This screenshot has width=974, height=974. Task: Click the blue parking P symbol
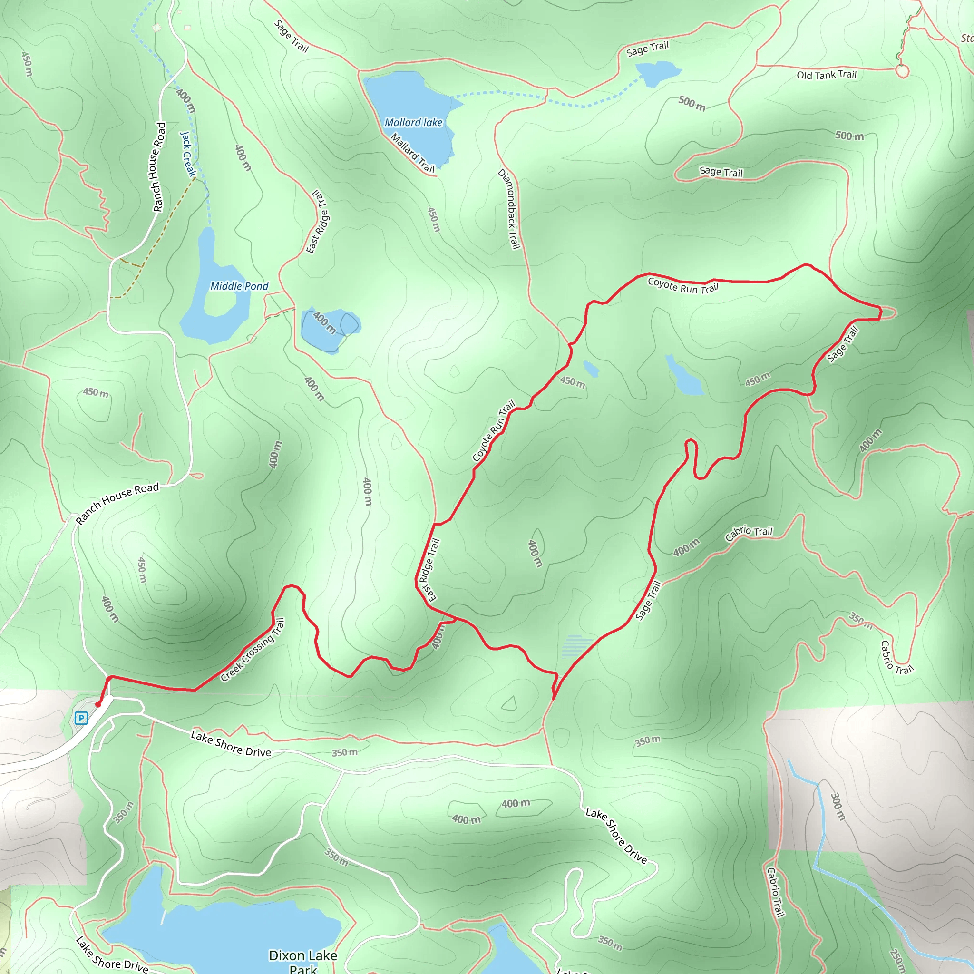[x=81, y=718]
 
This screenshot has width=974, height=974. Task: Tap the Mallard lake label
[x=413, y=123]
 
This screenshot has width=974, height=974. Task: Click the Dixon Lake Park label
[x=303, y=961]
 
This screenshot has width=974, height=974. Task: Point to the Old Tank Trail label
[x=826, y=75]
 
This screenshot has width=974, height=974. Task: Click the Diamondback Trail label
[x=509, y=209]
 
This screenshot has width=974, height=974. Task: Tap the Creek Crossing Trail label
[x=253, y=650]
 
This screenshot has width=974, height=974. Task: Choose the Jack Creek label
[x=188, y=154]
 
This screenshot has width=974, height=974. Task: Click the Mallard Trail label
[x=412, y=153]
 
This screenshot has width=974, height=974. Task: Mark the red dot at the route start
[x=98, y=705]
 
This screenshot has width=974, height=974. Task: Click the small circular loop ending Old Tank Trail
[x=902, y=71]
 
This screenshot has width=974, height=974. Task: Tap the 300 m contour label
[x=838, y=806]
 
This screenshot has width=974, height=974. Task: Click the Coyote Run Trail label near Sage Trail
[x=682, y=285]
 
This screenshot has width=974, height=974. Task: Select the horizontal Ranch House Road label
[x=117, y=503]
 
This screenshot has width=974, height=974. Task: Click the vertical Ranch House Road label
[x=159, y=167]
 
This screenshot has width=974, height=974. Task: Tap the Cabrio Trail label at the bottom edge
[x=775, y=892]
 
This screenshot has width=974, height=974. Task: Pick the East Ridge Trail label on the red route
[x=429, y=570]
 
